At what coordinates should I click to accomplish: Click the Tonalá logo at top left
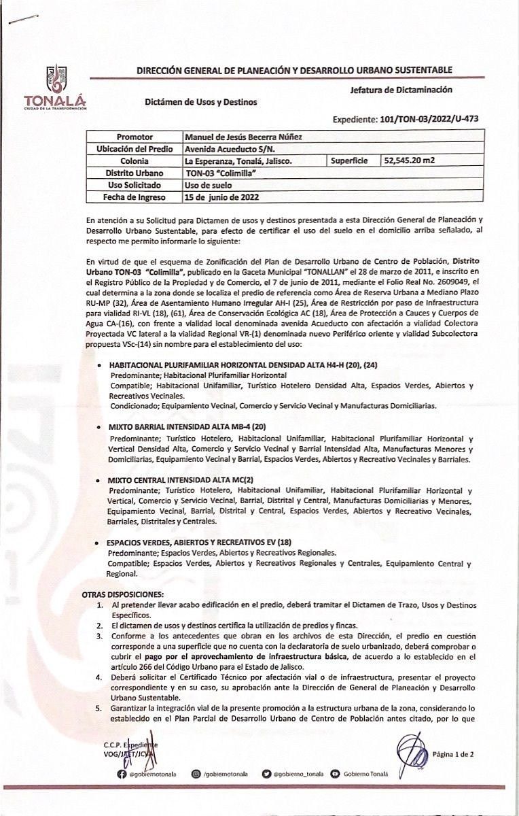[x=56, y=87]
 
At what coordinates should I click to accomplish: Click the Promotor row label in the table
[x=135, y=137]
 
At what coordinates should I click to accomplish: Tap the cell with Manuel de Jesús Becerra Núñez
[x=244, y=137]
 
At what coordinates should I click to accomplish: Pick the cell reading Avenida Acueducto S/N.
[x=230, y=149]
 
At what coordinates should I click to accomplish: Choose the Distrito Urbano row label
[x=135, y=173]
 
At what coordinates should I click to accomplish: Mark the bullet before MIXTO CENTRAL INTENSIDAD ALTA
[x=101, y=480]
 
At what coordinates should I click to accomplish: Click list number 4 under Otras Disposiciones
[x=99, y=677]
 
